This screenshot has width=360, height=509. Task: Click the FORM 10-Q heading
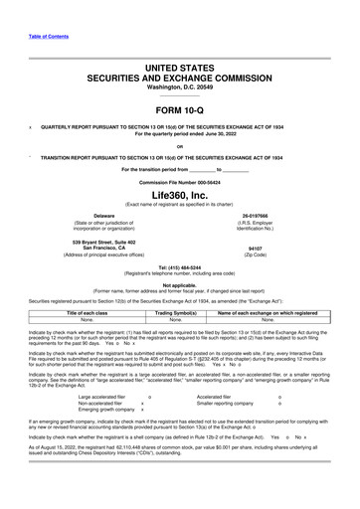pos(180,108)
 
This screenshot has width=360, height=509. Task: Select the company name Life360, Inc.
pos(180,194)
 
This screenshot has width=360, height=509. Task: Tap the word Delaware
pos(103,216)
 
